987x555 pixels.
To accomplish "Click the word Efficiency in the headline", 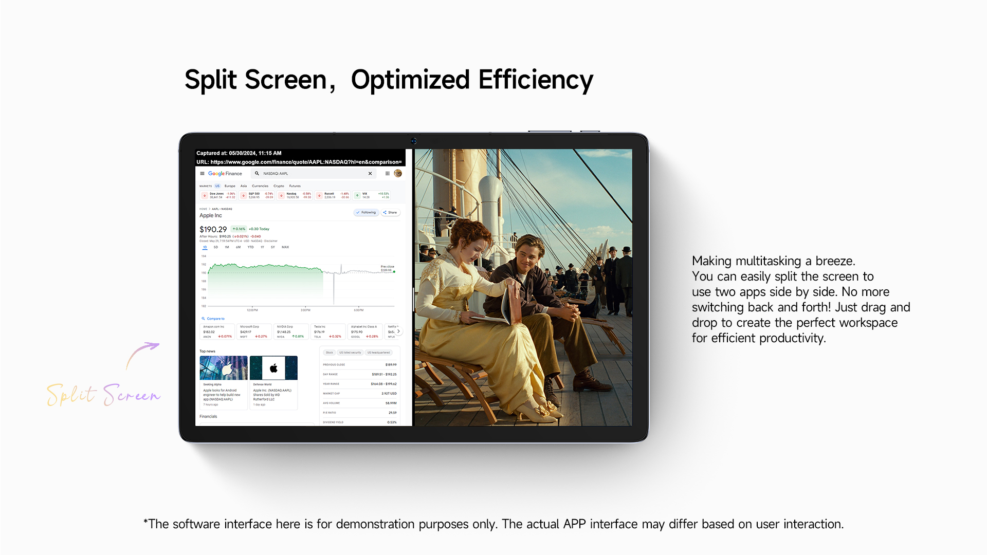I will click(536, 80).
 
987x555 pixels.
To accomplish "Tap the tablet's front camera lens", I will click(413, 141).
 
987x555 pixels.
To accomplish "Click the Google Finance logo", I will click(225, 174).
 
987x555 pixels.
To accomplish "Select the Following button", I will click(366, 212).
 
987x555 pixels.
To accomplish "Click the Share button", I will click(390, 212).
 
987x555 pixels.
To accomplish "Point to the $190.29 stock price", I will click(213, 230).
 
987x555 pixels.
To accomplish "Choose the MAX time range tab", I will click(285, 247).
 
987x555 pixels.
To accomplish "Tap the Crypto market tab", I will click(279, 186).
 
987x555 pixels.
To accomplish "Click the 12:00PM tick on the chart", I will click(252, 310).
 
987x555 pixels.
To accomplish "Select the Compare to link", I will click(215, 319).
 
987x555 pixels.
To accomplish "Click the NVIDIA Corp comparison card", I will click(291, 331).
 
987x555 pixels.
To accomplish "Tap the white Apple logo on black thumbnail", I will click(273, 368).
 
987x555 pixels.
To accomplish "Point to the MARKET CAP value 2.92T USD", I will click(389, 394).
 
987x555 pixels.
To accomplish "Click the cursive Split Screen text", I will click(103, 395).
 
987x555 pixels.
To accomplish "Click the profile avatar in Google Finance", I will click(398, 174).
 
